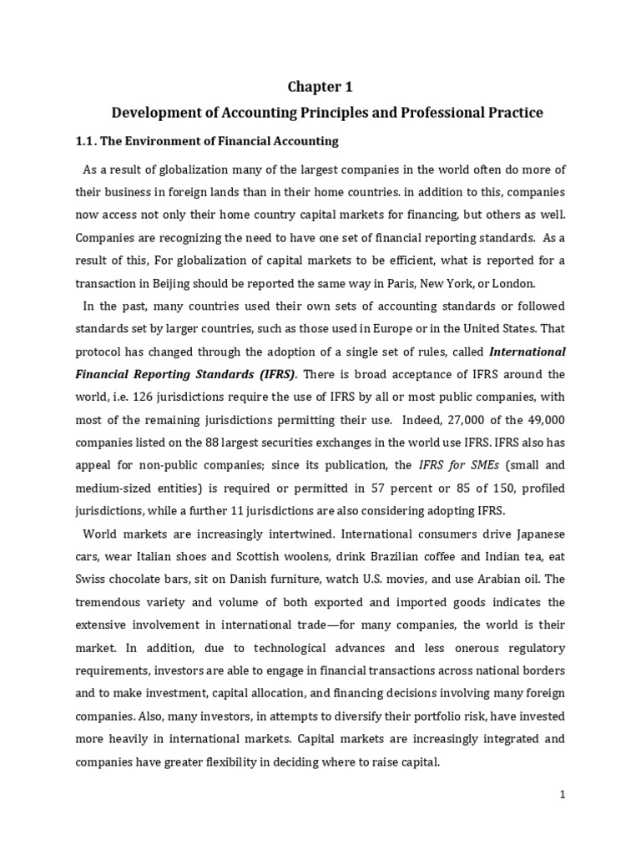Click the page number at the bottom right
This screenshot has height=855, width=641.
pyautogui.click(x=563, y=796)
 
